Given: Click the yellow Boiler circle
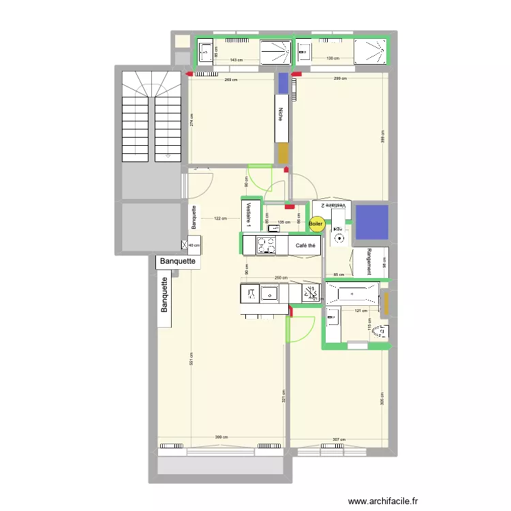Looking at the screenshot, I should click(316, 223).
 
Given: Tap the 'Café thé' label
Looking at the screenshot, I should click(305, 246).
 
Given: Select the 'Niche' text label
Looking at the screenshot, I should click(281, 117).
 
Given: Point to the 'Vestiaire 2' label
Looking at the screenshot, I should click(333, 205).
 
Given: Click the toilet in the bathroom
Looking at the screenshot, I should click(381, 332).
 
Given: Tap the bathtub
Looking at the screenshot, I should click(351, 294).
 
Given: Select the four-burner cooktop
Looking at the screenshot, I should click(266, 245).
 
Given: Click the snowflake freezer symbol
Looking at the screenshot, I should click(311, 294).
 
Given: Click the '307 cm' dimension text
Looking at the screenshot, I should click(338, 439).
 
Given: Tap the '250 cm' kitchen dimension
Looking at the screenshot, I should click(281, 278).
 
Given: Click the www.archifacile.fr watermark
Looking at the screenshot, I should click(383, 501).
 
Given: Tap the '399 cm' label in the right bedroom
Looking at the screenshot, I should click(383, 140).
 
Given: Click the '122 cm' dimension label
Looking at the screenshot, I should click(219, 219).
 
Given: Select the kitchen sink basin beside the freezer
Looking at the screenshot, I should click(270, 294).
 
